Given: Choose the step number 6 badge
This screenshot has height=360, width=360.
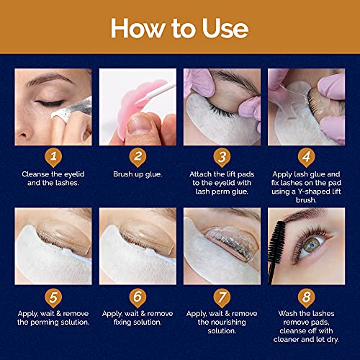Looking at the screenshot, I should [138, 294].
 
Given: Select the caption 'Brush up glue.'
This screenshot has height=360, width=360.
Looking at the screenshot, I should [138, 174].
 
